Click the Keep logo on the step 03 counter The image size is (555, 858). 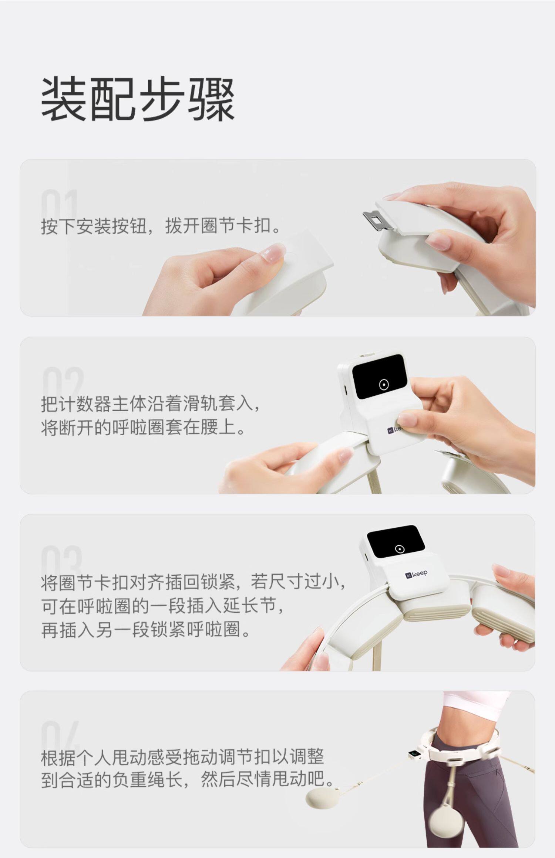[x=416, y=574]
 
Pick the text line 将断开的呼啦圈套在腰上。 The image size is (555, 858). [x=143, y=428]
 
